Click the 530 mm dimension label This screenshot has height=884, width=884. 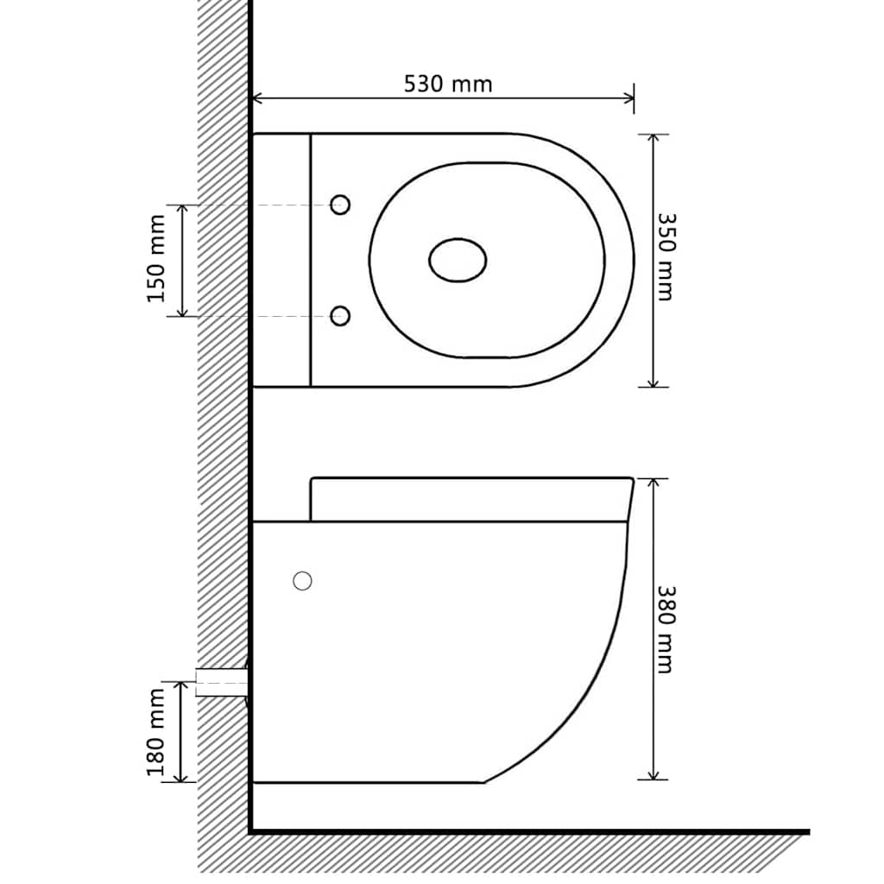click(448, 84)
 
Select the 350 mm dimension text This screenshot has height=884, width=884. click(666, 257)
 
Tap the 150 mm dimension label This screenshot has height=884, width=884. click(156, 259)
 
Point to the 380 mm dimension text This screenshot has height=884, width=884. click(666, 629)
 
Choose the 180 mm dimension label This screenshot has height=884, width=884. click(156, 732)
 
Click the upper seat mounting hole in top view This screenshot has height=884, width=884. click(340, 205)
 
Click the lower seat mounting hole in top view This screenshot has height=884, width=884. click(340, 316)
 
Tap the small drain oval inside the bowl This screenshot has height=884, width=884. click(458, 261)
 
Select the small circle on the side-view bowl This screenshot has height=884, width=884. click(303, 581)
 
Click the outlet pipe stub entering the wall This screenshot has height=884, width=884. click(222, 682)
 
